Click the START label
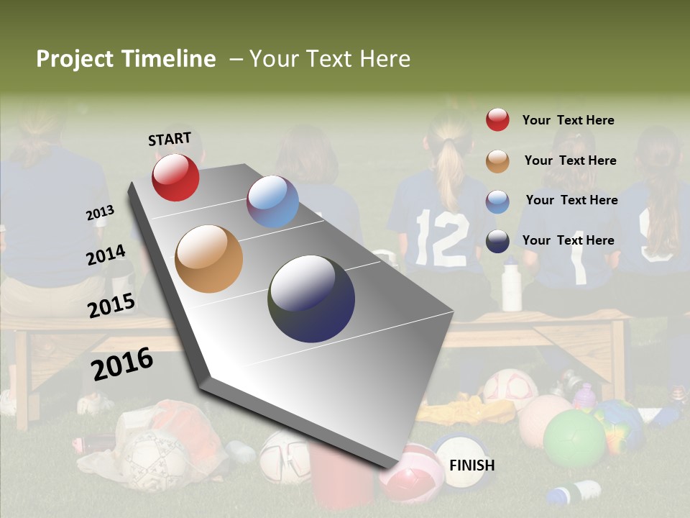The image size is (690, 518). point(170,139)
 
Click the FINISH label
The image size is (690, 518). point(471,465)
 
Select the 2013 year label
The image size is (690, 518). point(100,213)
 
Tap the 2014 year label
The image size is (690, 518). point(106,255)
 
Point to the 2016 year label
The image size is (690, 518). point(122,364)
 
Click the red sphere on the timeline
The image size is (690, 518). point(175,177)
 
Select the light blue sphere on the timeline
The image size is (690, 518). point(272,201)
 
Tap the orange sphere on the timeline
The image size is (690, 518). point(208,259)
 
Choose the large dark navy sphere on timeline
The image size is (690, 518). point(311,299)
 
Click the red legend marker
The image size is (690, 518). point(497,120)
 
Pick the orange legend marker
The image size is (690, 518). point(497,161)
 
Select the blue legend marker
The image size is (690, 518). point(497,201)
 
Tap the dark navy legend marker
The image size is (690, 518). point(497,241)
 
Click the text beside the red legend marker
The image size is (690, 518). point(568,120)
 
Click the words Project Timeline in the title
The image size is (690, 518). point(126,59)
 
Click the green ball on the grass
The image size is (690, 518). point(574,439)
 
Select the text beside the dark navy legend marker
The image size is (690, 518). point(568,240)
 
